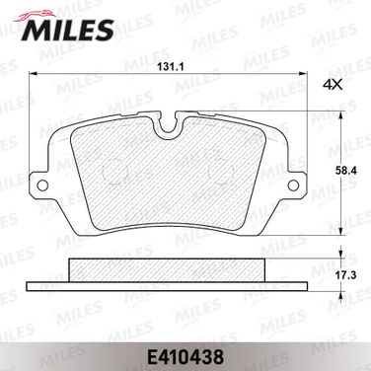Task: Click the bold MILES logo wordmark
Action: click(x=68, y=30)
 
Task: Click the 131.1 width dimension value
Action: click(x=170, y=67)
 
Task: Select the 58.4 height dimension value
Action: click(x=344, y=171)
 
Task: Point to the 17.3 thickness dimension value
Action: click(x=345, y=275)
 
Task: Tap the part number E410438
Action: click(x=185, y=357)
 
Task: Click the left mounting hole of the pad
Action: click(x=42, y=185)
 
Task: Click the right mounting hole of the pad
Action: click(x=293, y=185)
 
